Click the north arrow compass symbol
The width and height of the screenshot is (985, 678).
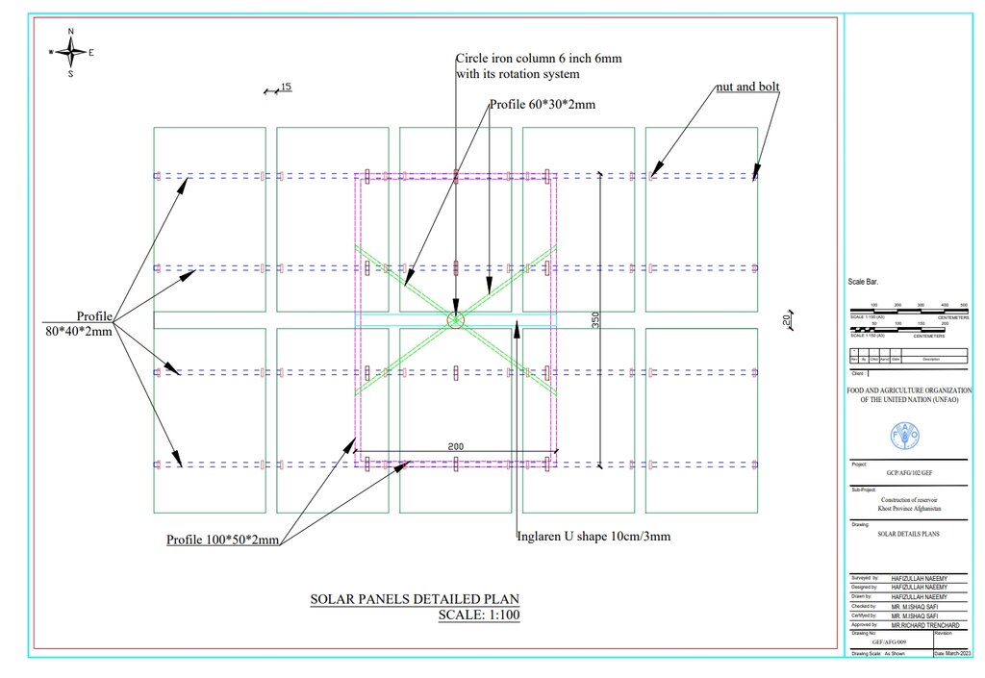point(70,52)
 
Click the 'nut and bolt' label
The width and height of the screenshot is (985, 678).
point(747,87)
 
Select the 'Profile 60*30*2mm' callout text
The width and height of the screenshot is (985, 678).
point(543,104)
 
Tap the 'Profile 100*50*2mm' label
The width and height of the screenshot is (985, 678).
point(222,540)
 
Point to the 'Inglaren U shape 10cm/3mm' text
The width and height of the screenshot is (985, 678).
point(594,536)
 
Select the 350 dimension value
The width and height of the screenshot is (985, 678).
point(595,320)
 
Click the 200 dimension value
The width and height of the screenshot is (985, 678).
point(457,447)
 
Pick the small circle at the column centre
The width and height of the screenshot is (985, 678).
point(455,319)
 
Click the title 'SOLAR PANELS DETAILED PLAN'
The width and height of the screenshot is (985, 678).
point(415,599)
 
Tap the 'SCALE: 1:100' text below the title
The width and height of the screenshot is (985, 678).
point(477,615)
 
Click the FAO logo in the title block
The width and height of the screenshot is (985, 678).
point(907,435)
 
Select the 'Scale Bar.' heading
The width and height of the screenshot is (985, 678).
point(863,283)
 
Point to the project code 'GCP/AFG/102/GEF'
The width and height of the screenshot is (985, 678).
point(909,474)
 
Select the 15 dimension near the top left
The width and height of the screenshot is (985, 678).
point(286,88)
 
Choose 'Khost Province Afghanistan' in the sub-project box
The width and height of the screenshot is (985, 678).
point(909,507)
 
